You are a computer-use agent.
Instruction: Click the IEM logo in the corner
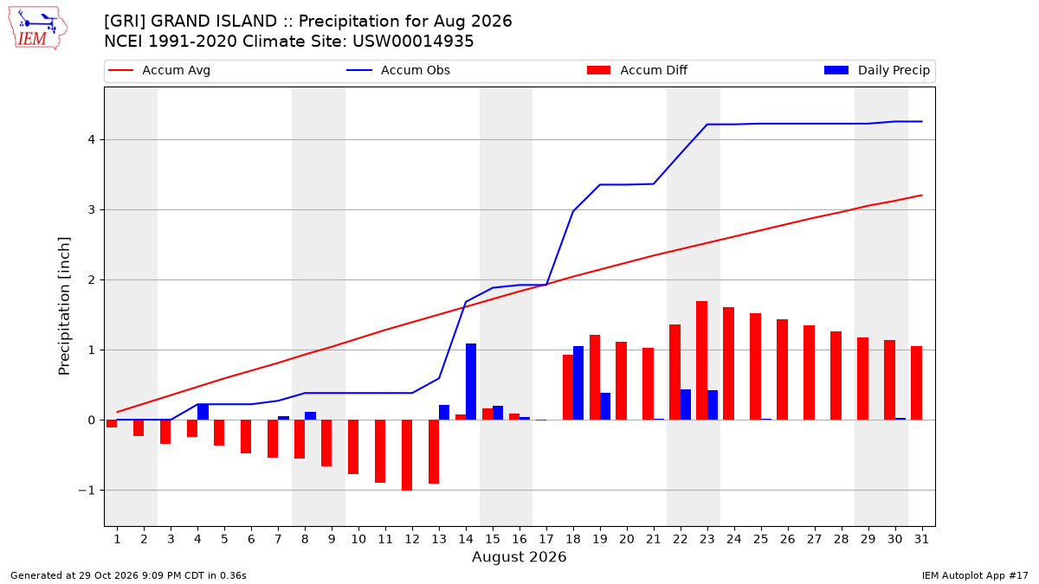(37, 29)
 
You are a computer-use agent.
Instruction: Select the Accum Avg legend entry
(159, 70)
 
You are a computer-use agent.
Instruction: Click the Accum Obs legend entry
(398, 70)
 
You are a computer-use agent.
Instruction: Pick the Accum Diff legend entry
(637, 70)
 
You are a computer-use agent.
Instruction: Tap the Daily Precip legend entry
(876, 70)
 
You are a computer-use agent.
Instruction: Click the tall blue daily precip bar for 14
(471, 382)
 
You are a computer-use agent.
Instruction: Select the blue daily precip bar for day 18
(578, 382)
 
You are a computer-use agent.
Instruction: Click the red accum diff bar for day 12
(407, 455)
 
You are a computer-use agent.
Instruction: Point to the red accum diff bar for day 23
(702, 361)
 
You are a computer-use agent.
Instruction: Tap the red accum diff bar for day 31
(917, 382)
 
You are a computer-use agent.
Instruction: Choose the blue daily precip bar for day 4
(203, 412)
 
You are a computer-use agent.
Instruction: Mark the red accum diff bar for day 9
(326, 443)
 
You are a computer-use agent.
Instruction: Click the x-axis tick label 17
(546, 539)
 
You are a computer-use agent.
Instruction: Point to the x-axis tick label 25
(761, 539)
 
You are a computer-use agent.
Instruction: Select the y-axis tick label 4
(92, 139)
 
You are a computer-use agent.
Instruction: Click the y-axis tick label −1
(87, 491)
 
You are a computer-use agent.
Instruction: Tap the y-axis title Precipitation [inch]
(64, 306)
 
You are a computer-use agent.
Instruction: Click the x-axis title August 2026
(519, 556)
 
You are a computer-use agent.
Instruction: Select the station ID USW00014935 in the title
(413, 42)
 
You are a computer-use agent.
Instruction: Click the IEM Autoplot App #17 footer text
(975, 575)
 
